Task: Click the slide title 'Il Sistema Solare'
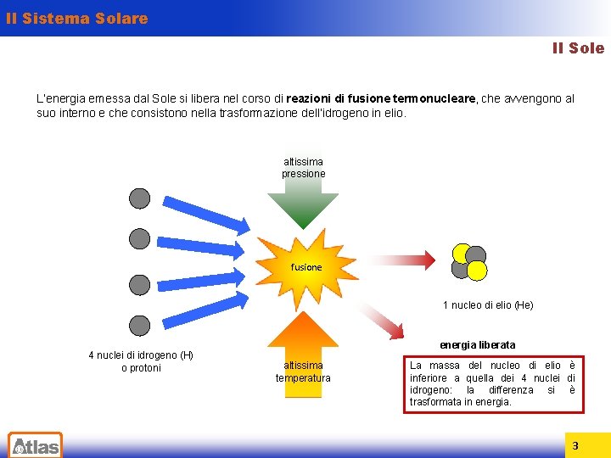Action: [76, 18]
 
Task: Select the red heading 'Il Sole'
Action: [578, 48]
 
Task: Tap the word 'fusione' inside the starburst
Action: [306, 267]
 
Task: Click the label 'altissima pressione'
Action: [303, 168]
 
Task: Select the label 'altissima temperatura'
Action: [303, 371]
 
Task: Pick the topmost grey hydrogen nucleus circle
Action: [140, 198]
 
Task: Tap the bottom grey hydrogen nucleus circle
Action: [140, 325]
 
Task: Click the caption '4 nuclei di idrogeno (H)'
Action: [141, 355]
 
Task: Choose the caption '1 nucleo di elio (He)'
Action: [488, 305]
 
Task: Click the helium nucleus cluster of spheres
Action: [469, 262]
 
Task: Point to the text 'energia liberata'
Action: [477, 344]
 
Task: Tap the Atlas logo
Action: [35, 444]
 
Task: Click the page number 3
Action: [575, 445]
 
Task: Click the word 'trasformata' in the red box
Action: [435, 401]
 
